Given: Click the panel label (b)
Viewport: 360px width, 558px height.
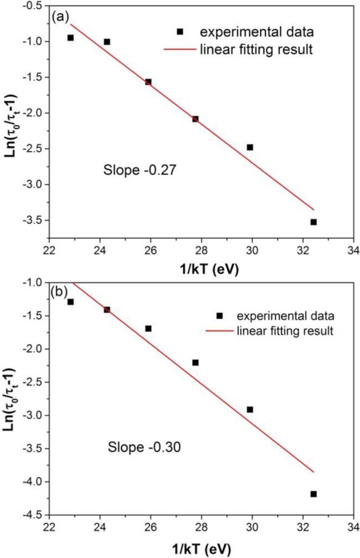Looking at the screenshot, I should click(x=59, y=290).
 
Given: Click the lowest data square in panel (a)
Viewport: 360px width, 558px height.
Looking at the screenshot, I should click(x=313, y=222).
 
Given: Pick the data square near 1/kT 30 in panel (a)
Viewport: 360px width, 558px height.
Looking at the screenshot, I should click(x=250, y=147).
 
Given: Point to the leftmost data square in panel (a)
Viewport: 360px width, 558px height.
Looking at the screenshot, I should click(x=71, y=38).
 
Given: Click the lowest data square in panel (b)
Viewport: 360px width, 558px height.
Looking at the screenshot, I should click(x=313, y=494).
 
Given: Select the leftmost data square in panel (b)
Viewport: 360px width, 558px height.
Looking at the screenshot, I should click(x=71, y=302).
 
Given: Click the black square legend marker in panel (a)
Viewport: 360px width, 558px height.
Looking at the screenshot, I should click(x=180, y=31).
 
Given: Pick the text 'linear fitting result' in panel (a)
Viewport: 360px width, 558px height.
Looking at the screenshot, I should click(x=256, y=49).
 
